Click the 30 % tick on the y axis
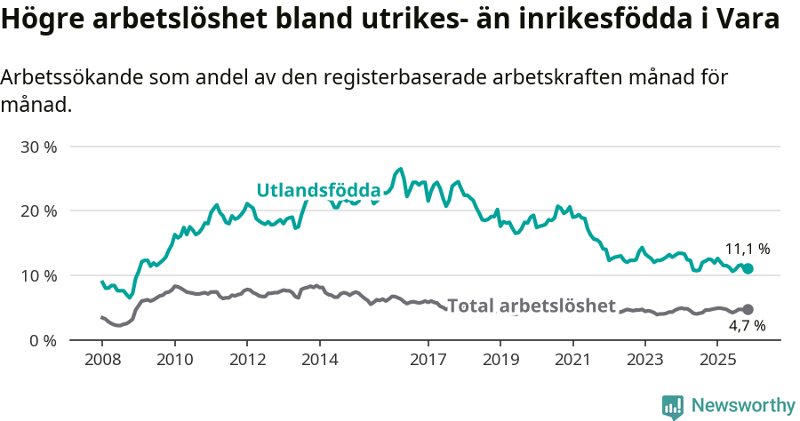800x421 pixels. (x=39, y=147)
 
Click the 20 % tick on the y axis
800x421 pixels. (x=39, y=211)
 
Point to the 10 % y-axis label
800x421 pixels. (x=39, y=275)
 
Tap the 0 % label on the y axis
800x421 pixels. (x=43, y=340)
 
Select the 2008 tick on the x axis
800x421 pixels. (x=102, y=361)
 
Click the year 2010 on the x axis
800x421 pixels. (x=175, y=361)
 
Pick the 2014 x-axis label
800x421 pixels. (x=320, y=361)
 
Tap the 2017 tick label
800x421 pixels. (x=428, y=361)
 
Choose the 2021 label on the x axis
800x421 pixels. (x=573, y=361)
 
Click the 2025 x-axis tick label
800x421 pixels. (x=717, y=361)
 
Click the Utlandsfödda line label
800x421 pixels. (x=318, y=190)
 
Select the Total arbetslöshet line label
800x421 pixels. (x=531, y=306)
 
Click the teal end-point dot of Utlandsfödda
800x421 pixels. (x=748, y=268)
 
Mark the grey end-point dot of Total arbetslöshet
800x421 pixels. (x=748, y=309)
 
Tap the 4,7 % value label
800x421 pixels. (x=747, y=327)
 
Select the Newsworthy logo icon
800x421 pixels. (x=673, y=406)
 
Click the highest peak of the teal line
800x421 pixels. (x=401, y=168)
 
